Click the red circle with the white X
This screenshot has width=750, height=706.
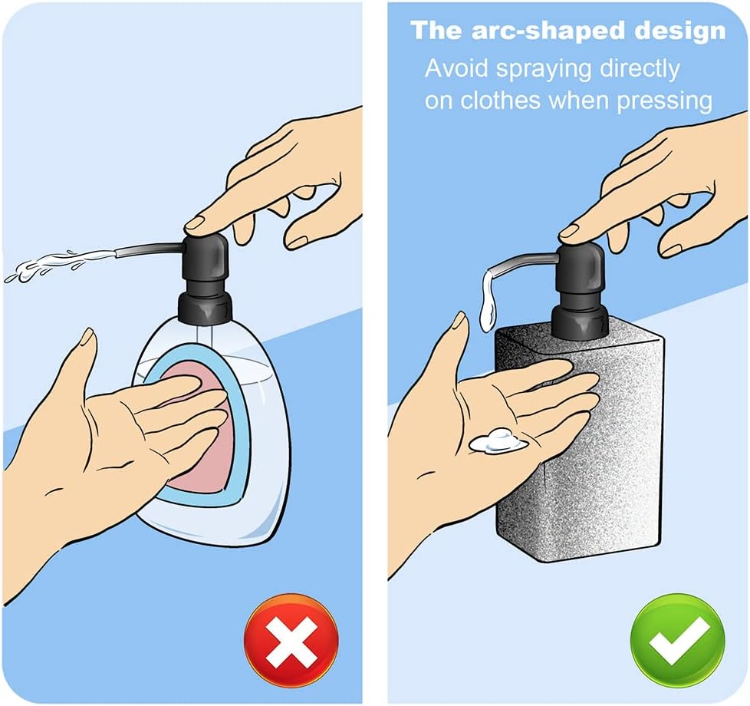(291, 641)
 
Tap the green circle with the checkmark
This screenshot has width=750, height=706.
(678, 641)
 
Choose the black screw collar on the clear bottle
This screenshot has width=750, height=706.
(206, 309)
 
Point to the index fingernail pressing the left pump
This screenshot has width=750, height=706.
(195, 222)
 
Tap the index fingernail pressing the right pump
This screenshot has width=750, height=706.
(569, 233)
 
